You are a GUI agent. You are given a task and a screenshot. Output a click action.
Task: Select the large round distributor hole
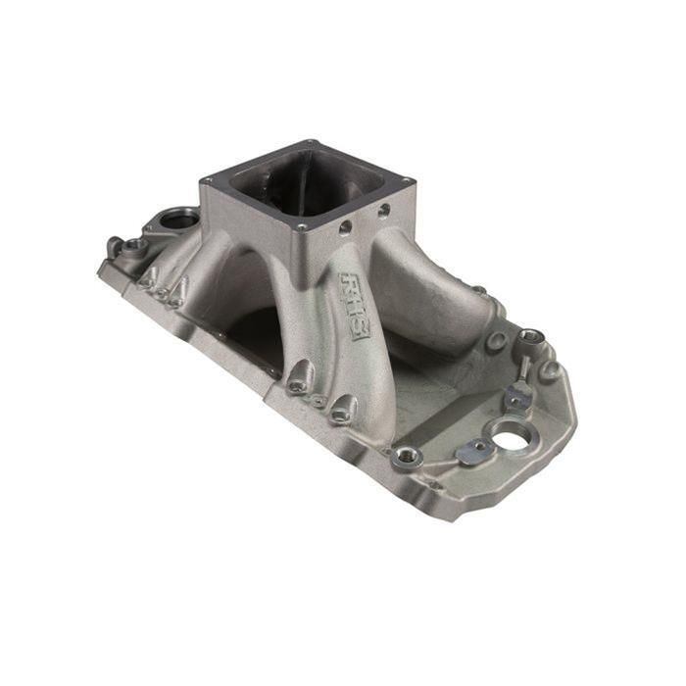[512, 435]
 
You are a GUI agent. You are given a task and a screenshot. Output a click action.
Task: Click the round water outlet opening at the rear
[178, 219]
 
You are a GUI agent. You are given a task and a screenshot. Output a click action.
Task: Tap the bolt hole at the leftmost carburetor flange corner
[207, 181]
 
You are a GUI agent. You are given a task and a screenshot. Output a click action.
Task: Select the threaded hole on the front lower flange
[403, 456]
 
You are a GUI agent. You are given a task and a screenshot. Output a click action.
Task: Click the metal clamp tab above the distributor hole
[517, 395]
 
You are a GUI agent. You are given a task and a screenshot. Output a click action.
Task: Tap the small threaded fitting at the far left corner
[116, 246]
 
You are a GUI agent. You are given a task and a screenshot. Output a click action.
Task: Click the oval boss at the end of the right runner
[497, 342]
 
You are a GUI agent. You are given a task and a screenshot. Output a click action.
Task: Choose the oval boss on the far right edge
[551, 370]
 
